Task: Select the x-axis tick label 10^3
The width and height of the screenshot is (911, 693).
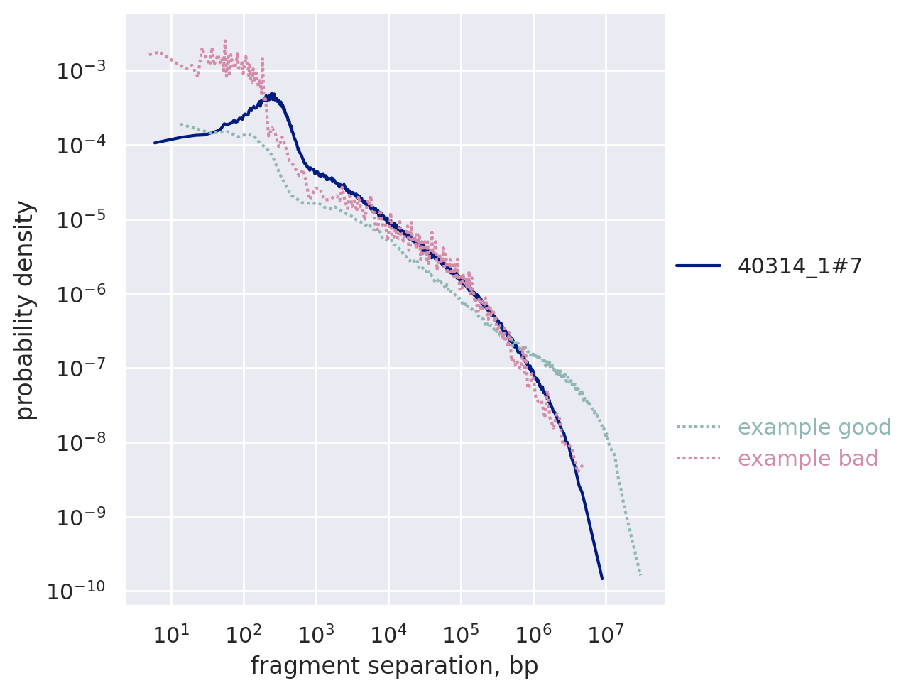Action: [x=315, y=633]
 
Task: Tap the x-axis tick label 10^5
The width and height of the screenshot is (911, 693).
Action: [x=460, y=633]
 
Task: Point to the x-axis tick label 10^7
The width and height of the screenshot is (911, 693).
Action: [x=606, y=633]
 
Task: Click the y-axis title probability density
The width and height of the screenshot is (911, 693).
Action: [x=26, y=310]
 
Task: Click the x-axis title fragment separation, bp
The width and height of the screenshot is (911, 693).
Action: [x=395, y=666]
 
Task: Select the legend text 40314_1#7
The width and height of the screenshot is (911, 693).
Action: [x=800, y=266]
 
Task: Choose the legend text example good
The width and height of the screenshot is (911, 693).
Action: [x=814, y=427]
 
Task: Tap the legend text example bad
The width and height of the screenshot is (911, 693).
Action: [x=807, y=459]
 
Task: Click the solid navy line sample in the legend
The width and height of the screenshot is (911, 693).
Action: [x=698, y=266]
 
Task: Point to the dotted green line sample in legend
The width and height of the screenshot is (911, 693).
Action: [x=698, y=427]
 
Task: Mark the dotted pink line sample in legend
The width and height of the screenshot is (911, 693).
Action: [x=698, y=459]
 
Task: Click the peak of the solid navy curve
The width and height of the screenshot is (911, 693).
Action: [x=272, y=94]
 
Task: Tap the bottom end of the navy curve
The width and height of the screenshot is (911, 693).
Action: [x=602, y=579]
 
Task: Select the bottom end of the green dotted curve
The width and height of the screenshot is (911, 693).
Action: [x=640, y=574]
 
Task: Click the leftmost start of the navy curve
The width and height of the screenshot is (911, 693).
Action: [x=155, y=143]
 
